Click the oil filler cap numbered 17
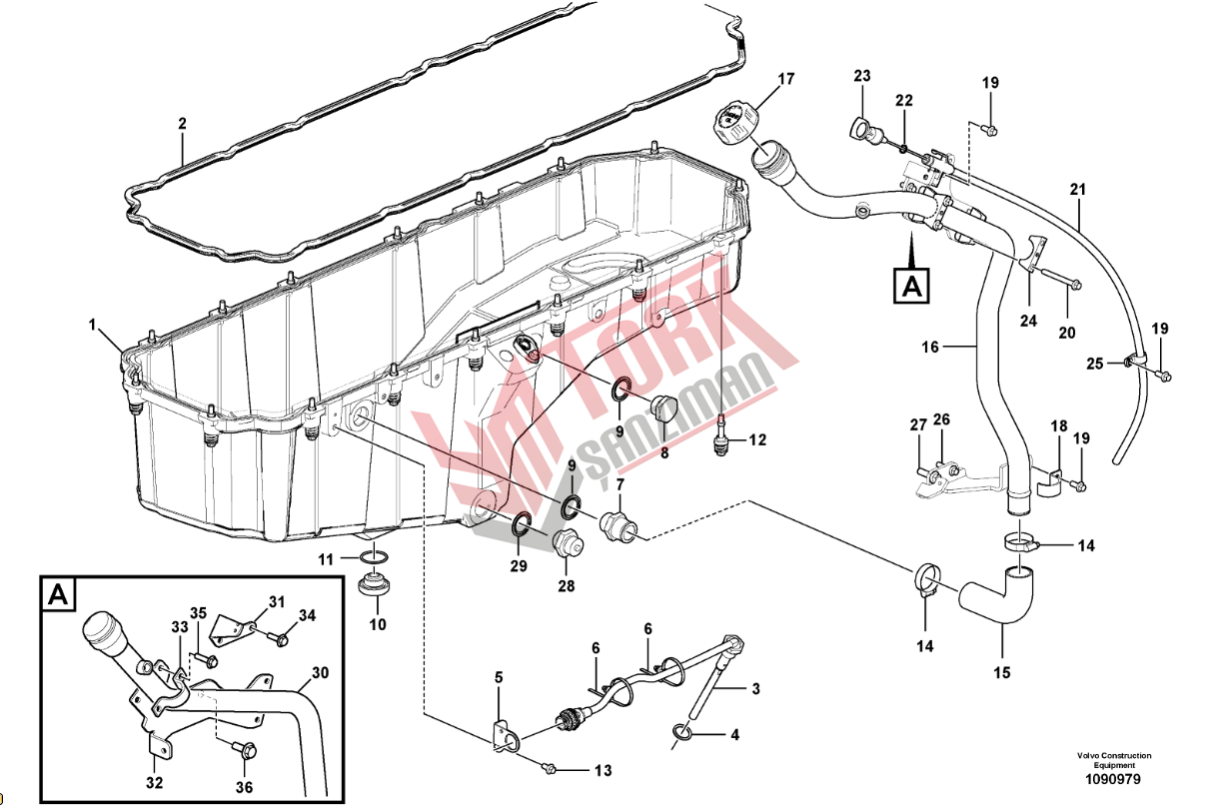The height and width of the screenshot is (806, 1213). pyautogui.click(x=735, y=126)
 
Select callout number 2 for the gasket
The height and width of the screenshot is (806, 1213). pyautogui.click(x=182, y=125)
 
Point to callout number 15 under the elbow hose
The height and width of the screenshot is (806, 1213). pyautogui.click(x=1002, y=672)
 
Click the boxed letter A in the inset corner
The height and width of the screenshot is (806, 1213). pyautogui.click(x=58, y=596)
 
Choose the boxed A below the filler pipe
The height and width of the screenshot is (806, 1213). pyautogui.click(x=910, y=284)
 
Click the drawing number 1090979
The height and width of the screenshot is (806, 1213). pyautogui.click(x=1113, y=779)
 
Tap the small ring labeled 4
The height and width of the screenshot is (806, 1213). pyautogui.click(x=683, y=734)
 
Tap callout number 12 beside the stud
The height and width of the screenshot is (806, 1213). pyautogui.click(x=757, y=439)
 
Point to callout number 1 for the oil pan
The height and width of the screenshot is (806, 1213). pyautogui.click(x=92, y=325)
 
